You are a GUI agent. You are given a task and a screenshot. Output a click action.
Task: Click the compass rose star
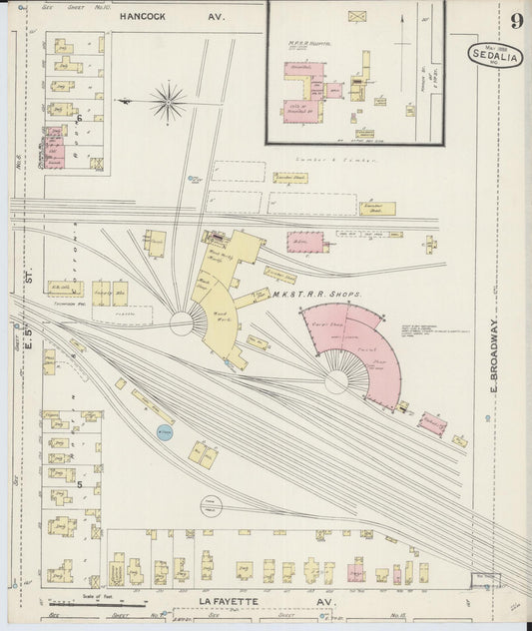tap(168, 101)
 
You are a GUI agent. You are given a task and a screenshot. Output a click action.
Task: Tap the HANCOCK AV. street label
tap(172, 17)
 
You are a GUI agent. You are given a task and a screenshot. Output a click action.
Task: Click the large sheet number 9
tap(515, 21)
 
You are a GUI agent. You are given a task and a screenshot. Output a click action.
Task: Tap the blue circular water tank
tap(164, 432)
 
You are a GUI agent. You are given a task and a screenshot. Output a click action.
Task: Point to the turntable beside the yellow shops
tap(181, 322)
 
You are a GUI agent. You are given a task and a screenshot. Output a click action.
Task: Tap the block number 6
tap(79, 118)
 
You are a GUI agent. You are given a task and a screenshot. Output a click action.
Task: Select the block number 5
tap(79, 483)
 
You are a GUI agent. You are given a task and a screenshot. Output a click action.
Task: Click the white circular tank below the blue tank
tap(211, 507)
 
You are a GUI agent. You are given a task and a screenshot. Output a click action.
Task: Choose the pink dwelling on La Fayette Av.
tap(355, 572)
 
